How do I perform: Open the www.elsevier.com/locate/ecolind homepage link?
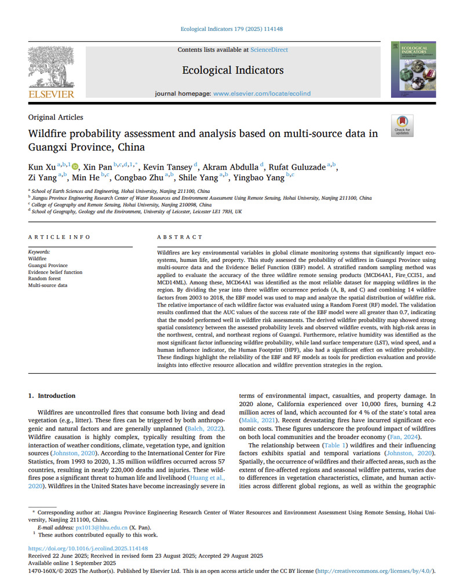click(262, 93)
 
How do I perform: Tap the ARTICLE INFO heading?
click(59, 237)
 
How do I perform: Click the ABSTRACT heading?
click(180, 237)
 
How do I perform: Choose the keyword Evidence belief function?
click(55, 272)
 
